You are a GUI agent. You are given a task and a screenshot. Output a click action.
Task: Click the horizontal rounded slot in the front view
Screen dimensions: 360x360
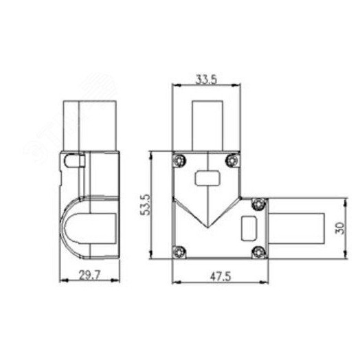point(205,179)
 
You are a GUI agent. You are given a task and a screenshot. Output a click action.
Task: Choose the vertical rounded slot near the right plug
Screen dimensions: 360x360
point(249,226)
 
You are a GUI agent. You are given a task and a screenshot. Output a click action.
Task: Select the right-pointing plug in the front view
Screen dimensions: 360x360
point(295,227)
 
